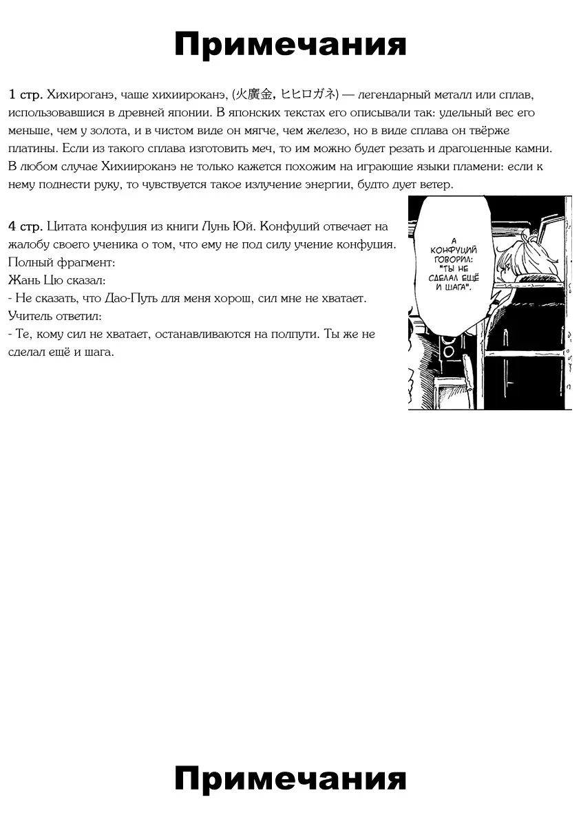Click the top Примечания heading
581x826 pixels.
(x=290, y=45)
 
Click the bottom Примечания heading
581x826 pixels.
(x=290, y=779)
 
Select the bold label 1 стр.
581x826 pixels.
(x=26, y=94)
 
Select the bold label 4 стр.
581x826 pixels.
(x=26, y=226)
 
